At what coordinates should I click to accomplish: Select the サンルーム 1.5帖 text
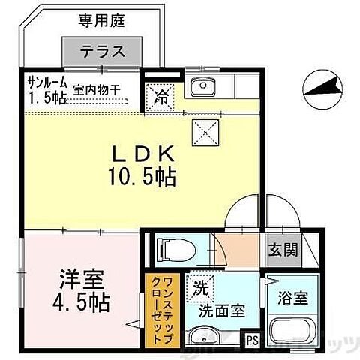[x=46, y=91]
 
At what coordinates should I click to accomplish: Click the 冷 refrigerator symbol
[x=160, y=96]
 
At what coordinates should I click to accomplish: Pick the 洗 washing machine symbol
[x=201, y=285]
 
